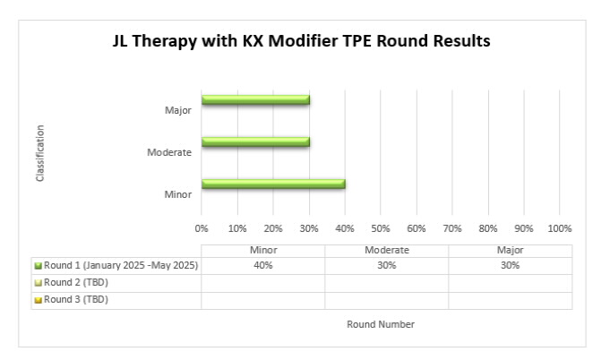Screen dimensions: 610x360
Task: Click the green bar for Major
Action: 255,100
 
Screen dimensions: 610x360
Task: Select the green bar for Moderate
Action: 255,141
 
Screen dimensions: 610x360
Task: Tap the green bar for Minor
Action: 273,184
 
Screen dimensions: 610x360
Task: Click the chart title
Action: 302,41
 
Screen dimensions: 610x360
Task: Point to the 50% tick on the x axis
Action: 381,228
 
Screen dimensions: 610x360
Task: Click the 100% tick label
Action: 560,228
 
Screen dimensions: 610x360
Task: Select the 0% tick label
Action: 202,228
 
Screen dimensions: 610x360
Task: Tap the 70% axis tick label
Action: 452,228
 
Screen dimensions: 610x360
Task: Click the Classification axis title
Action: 39,153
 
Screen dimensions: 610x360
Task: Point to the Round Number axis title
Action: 381,324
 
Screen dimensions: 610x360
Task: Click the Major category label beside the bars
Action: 178,110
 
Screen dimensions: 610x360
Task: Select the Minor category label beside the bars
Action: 178,194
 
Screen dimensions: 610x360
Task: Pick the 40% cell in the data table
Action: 263,266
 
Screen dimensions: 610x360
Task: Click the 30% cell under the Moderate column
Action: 387,266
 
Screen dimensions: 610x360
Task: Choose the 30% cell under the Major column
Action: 510,266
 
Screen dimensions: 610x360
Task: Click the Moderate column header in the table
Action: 387,250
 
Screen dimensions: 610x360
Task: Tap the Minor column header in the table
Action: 263,250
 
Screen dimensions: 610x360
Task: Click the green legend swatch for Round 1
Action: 39,266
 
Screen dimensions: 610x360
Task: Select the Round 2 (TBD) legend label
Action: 76,283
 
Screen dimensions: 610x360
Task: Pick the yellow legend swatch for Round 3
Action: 39,300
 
